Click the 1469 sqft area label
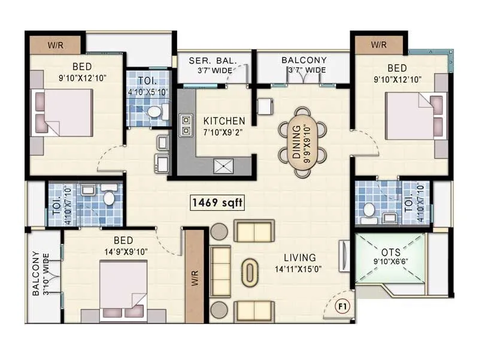[217, 202]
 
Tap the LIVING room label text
[297, 258]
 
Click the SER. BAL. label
[213, 60]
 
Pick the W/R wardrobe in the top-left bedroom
[56, 45]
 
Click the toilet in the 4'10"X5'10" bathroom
[154, 111]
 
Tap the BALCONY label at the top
[304, 60]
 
